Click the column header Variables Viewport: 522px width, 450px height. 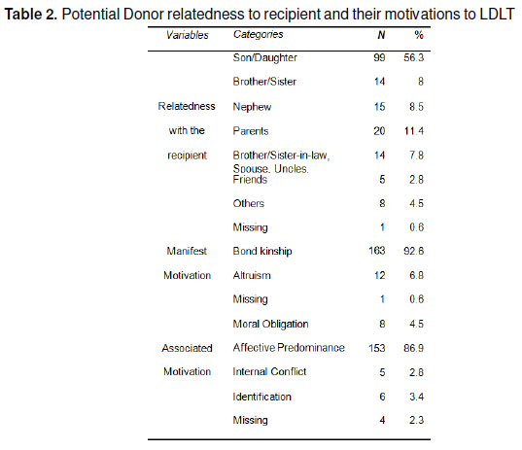pyautogui.click(x=188, y=35)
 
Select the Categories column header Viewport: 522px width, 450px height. pyautogui.click(x=259, y=34)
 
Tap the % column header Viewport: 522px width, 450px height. pyautogui.click(x=419, y=35)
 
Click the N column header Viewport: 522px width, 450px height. pyautogui.click(x=381, y=35)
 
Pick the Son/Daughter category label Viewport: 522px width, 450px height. pyautogui.click(x=265, y=58)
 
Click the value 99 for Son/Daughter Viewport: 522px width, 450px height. pyautogui.click(x=379, y=57)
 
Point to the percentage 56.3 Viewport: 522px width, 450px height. pyautogui.click(x=414, y=57)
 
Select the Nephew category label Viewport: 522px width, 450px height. pyautogui.click(x=252, y=107)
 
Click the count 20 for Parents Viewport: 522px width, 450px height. pyautogui.click(x=379, y=131)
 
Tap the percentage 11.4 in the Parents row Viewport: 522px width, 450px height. pyautogui.click(x=414, y=131)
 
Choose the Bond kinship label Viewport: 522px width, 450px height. pyautogui.click(x=262, y=251)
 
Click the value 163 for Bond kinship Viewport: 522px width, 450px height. pyautogui.click(x=377, y=251)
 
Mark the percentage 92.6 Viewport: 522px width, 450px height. pyautogui.click(x=414, y=251)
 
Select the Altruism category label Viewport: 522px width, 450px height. pyautogui.click(x=252, y=275)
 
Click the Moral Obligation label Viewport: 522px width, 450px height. pyautogui.click(x=270, y=325)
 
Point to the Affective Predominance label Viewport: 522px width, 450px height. pyautogui.click(x=289, y=348)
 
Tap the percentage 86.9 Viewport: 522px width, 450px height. pyautogui.click(x=414, y=348)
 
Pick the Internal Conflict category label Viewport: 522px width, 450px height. pyautogui.click(x=269, y=371)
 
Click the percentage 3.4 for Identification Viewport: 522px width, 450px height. pyautogui.click(x=416, y=397)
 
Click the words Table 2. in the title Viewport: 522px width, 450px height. pyautogui.click(x=31, y=15)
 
